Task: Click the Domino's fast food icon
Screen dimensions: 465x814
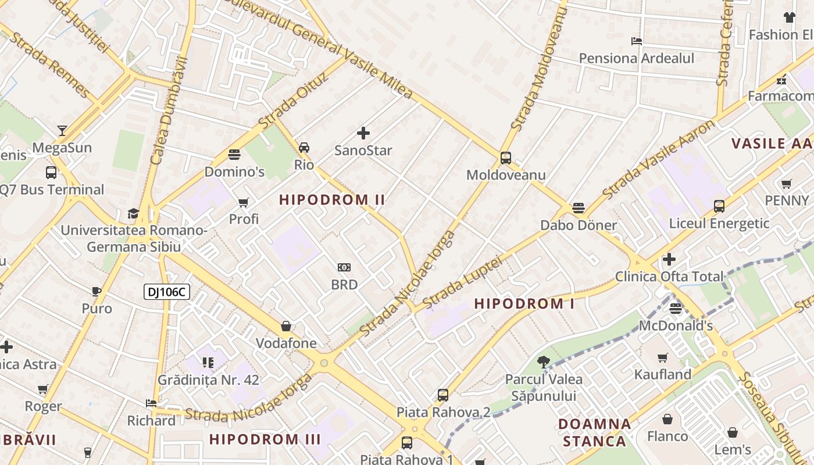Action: coord(234,155)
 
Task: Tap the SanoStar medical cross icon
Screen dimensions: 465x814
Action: coord(363,134)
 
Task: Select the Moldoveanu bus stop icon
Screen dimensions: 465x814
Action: coord(506,158)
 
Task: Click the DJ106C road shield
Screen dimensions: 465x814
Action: coord(167,292)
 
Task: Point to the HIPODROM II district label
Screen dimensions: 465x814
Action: coord(332,200)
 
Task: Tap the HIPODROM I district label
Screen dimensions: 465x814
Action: coord(524,303)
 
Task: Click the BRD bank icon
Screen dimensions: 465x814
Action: coord(344,267)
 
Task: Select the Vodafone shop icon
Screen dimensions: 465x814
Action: coord(286,326)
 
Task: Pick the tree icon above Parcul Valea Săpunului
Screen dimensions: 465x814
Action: coord(544,362)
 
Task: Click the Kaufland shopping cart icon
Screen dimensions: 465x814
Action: coord(662,357)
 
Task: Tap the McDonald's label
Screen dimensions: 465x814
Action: coord(676,325)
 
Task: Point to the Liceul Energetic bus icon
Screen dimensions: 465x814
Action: coord(719,206)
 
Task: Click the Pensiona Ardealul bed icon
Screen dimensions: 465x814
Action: coord(637,41)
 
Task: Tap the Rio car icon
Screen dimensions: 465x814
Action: coord(304,148)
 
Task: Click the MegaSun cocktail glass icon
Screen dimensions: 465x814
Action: coord(62,130)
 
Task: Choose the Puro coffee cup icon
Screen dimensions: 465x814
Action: coord(97,291)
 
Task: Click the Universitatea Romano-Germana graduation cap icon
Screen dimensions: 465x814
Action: coord(134,213)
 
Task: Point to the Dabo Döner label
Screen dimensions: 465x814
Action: coord(579,225)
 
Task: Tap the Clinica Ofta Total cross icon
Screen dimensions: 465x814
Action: coord(669,259)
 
